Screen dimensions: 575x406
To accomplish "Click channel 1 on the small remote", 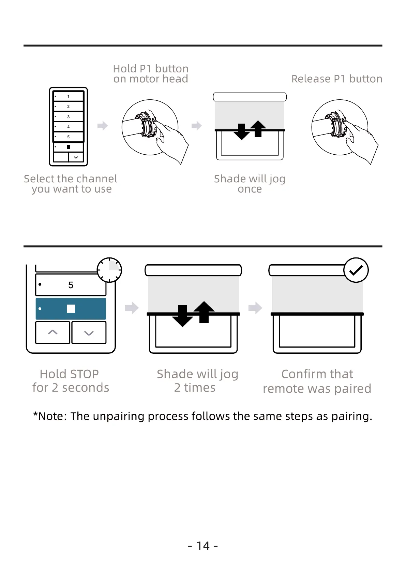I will pos(69,96).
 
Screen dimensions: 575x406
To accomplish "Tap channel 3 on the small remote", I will pos(69,117).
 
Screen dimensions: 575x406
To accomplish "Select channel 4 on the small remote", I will pos(69,127).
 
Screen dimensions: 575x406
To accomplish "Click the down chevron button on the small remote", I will pos(76,157).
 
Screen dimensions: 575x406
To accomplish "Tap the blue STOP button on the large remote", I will pos(71,309).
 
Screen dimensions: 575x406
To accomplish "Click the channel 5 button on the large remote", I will pos(71,285).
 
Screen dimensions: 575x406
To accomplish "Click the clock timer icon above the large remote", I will pos(109,270).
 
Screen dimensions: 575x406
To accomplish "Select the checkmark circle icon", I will pos(356,270).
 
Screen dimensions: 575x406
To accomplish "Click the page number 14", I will pos(203,546).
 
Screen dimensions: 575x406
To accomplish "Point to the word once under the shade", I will pos(250,189).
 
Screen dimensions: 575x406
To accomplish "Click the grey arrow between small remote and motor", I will pos(103,126).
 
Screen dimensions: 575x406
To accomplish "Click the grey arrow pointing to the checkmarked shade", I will pos(255,308).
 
